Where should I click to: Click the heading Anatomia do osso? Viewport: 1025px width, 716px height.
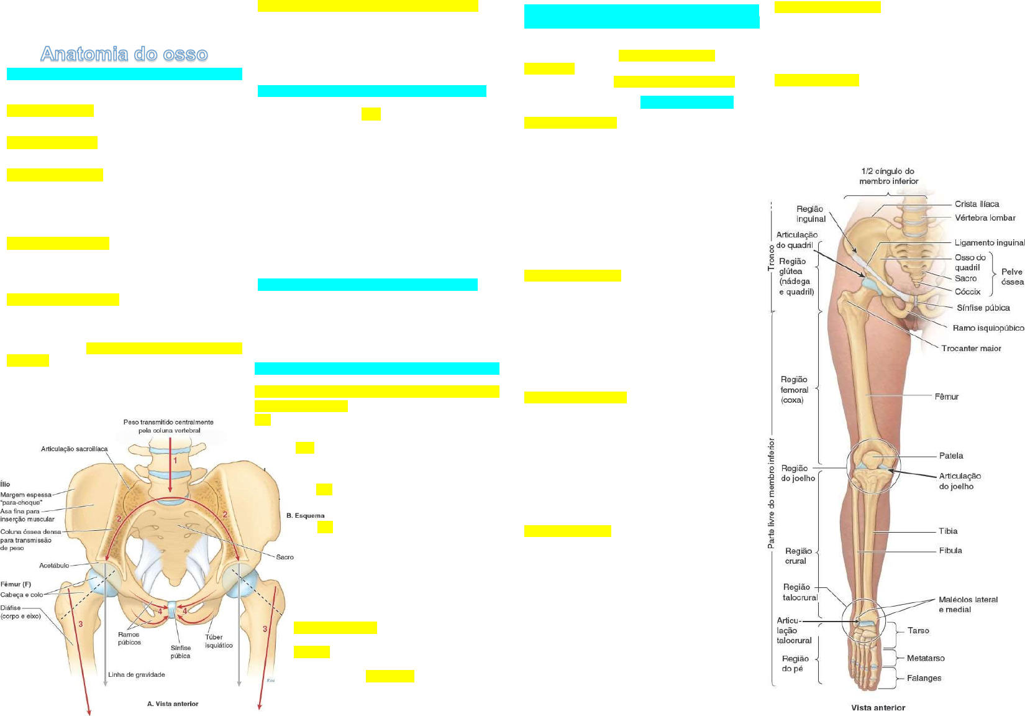pyautogui.click(x=124, y=54)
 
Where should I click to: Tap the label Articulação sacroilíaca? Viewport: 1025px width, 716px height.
pyautogui.click(x=74, y=449)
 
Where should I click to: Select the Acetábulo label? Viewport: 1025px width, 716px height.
pyautogui.click(x=54, y=566)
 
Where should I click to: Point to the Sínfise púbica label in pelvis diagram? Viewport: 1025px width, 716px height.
pyautogui.click(x=180, y=651)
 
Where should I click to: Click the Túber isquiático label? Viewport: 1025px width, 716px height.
pyautogui.click(x=219, y=641)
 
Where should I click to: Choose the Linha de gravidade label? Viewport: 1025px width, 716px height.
pyautogui.click(x=137, y=674)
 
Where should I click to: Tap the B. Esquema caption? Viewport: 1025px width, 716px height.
pyautogui.click(x=305, y=515)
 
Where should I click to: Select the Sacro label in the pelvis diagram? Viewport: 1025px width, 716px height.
pyautogui.click(x=285, y=557)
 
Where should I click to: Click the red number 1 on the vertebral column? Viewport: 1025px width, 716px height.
pyautogui.click(x=175, y=461)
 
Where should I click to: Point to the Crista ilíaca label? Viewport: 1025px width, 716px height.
pyautogui.click(x=977, y=204)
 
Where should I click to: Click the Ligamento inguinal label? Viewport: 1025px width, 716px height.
pyautogui.click(x=989, y=242)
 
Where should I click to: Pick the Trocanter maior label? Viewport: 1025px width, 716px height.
pyautogui.click(x=971, y=348)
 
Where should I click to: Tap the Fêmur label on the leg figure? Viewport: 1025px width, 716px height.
pyautogui.click(x=946, y=396)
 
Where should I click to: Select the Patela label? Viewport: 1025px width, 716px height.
pyautogui.click(x=950, y=456)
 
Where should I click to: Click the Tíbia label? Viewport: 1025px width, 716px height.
pyautogui.click(x=948, y=531)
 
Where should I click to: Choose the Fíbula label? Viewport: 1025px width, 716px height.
pyautogui.click(x=950, y=550)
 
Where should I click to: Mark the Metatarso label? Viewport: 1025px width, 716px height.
pyautogui.click(x=926, y=658)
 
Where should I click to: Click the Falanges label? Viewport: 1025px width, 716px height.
pyautogui.click(x=924, y=677)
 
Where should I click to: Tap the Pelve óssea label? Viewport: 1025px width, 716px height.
pyautogui.click(x=1012, y=277)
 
